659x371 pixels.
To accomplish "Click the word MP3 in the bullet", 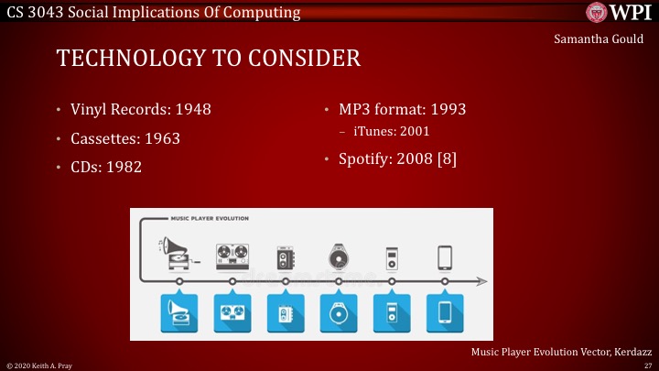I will click(x=355, y=110).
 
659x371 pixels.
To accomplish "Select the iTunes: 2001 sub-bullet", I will click(x=391, y=132).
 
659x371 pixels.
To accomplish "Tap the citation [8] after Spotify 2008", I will click(x=446, y=158).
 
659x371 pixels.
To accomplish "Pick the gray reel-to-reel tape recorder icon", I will click(x=232, y=255).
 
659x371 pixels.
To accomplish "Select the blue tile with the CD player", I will click(x=338, y=312).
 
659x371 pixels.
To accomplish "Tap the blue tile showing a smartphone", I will click(x=445, y=312).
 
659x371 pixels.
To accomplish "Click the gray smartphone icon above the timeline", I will click(x=445, y=256).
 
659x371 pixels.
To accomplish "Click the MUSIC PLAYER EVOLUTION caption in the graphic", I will click(x=211, y=219).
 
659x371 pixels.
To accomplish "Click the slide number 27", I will click(x=647, y=365).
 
